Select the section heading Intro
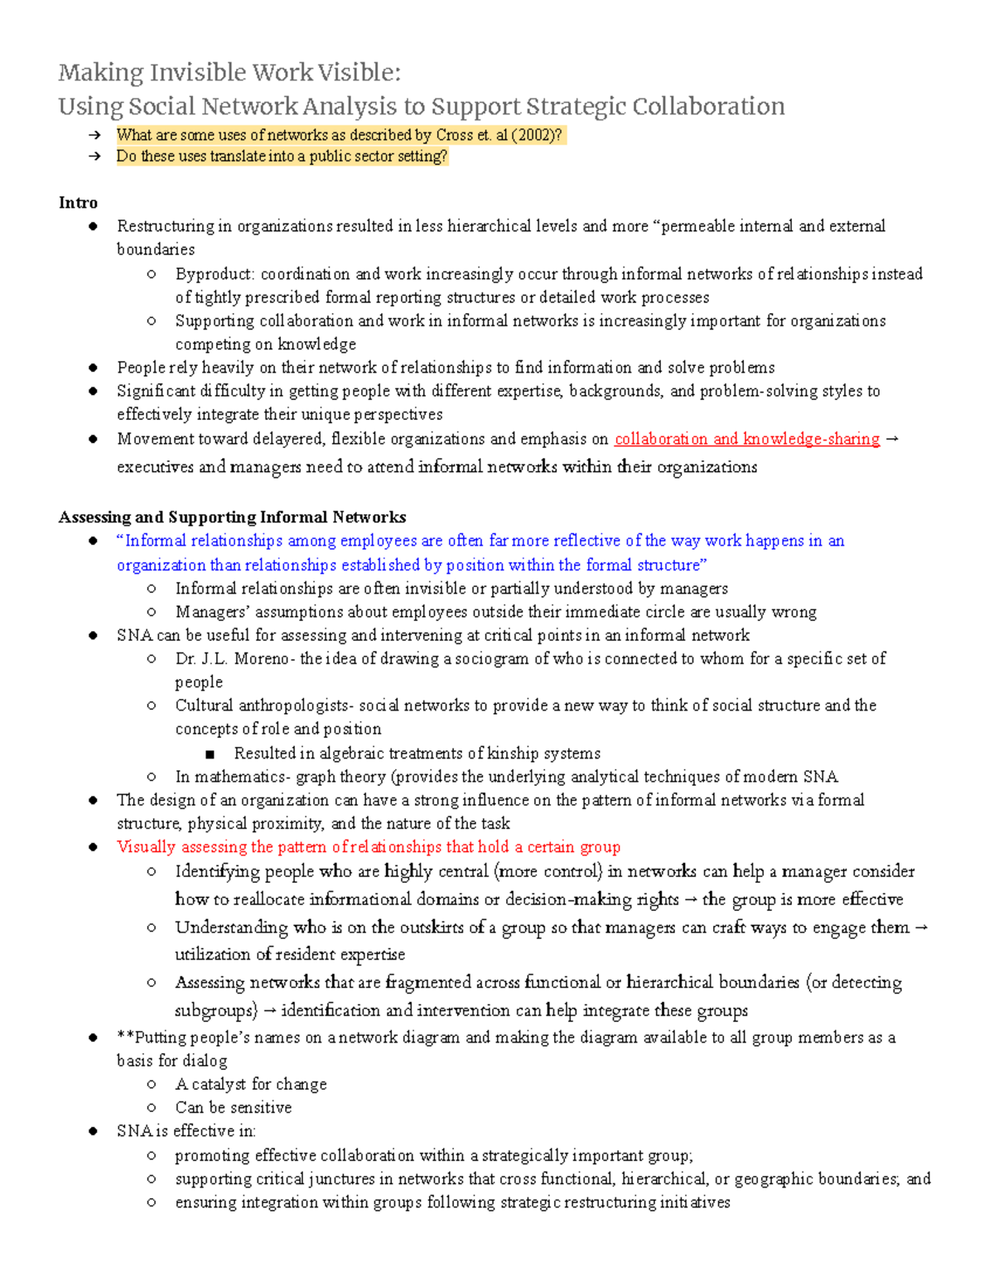[x=78, y=203]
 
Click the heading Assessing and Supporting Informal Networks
[x=232, y=518]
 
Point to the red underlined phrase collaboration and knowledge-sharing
[x=746, y=439]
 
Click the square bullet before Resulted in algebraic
[x=210, y=754]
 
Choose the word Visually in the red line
[x=146, y=847]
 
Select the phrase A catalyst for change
[x=250, y=1085]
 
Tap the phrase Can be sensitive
[x=233, y=1108]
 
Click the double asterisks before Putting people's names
[x=125, y=1038]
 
